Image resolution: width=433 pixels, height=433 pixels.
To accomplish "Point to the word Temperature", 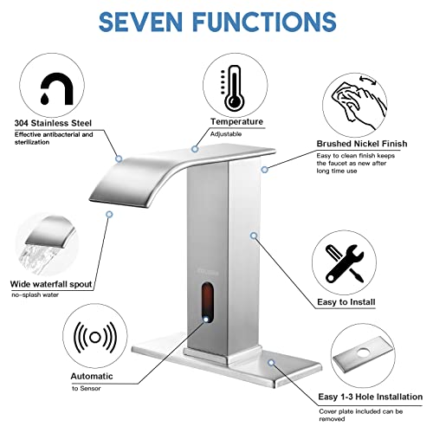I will tap(236, 124).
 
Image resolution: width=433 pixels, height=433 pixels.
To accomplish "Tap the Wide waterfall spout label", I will tap(49, 284).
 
